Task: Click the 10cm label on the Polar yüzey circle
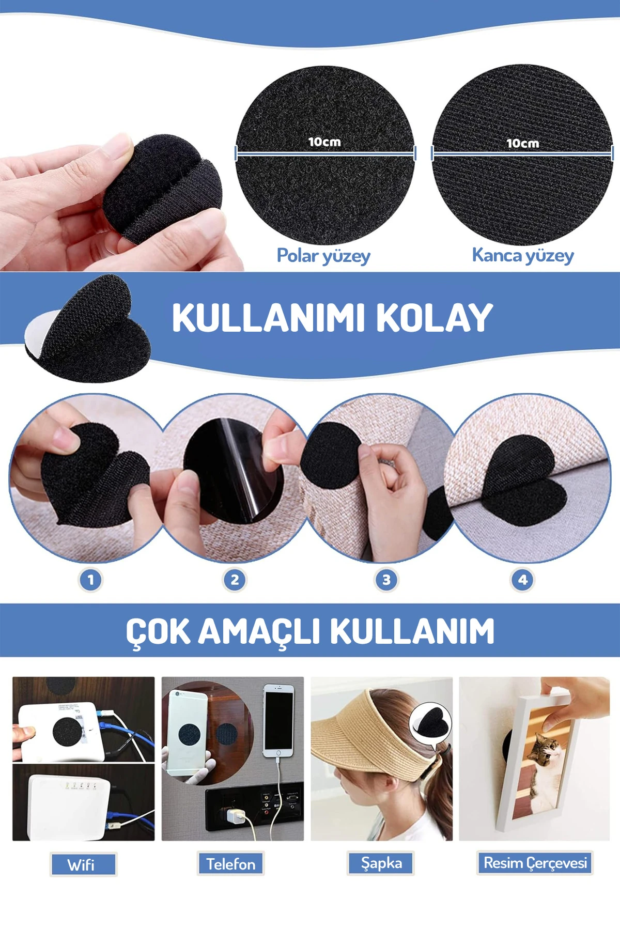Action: point(324,142)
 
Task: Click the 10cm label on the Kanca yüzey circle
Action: point(522,143)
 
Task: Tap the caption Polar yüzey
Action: point(323,256)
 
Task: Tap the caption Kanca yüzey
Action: point(523,255)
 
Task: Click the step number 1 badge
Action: point(90,580)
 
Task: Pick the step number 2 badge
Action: point(235,580)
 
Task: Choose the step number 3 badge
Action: point(386,580)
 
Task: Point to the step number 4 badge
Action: point(522,580)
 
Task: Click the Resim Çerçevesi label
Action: point(535,863)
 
